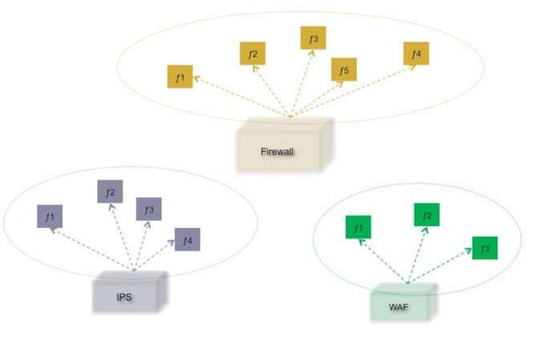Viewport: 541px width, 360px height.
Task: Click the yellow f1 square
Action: [180, 77]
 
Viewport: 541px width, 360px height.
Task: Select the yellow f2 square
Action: [252, 54]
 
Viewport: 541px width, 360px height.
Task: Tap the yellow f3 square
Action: [313, 38]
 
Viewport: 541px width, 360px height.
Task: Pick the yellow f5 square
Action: [344, 71]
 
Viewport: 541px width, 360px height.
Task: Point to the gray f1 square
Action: [49, 216]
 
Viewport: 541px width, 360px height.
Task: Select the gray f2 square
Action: [110, 192]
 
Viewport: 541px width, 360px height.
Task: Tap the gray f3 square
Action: [148, 209]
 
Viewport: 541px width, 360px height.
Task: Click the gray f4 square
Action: [187, 239]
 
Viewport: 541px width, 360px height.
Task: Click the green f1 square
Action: [357, 229]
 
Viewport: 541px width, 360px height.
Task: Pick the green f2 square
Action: [426, 215]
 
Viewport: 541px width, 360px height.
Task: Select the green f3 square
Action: [484, 248]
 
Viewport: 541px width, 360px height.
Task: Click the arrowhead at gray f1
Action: [53, 229]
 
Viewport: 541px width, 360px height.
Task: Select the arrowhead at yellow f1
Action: [194, 79]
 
